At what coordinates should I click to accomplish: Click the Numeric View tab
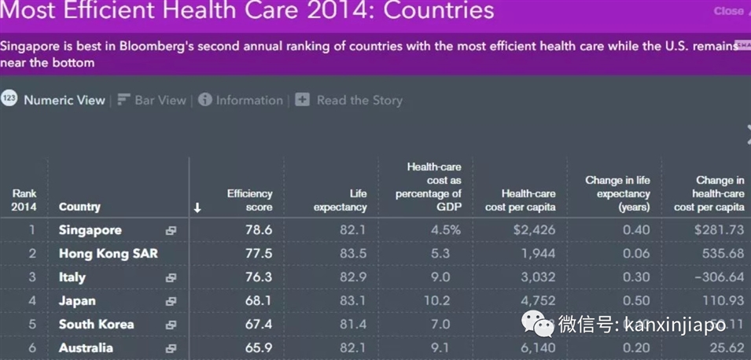click(64, 100)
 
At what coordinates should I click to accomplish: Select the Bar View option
click(160, 100)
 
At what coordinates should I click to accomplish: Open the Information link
click(248, 100)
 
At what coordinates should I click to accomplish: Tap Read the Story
click(359, 100)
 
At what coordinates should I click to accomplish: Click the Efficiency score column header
click(249, 200)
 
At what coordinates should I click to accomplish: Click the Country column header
click(79, 207)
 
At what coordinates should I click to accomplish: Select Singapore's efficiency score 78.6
click(257, 230)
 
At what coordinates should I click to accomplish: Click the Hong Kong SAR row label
click(108, 254)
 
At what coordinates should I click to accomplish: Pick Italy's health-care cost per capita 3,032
click(537, 277)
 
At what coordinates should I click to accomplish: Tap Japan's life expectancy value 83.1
click(352, 301)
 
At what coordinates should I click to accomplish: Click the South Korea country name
click(96, 325)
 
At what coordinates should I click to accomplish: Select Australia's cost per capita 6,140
click(537, 348)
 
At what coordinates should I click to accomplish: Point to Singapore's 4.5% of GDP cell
click(445, 230)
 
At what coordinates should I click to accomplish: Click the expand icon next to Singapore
click(171, 231)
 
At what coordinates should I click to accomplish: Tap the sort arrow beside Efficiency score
click(197, 208)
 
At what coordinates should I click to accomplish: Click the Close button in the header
click(728, 11)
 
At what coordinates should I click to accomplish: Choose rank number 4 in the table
click(33, 301)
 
